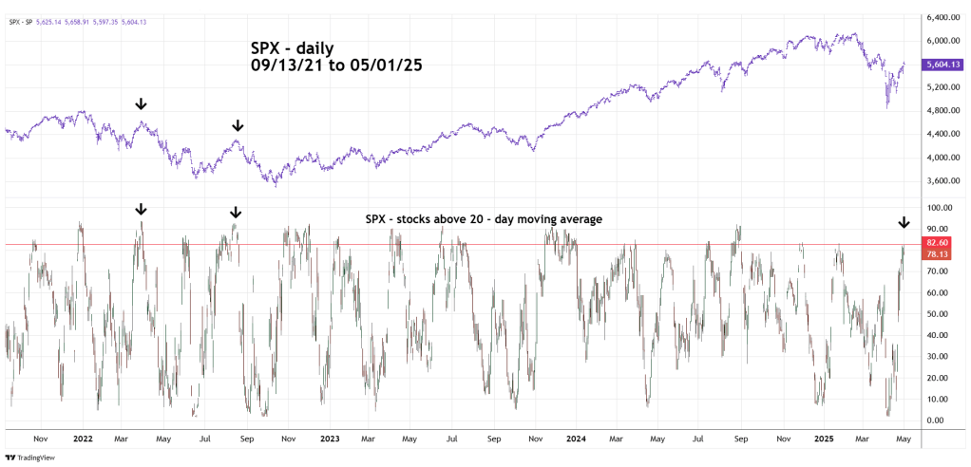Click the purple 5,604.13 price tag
pos(943,64)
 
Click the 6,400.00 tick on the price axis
pos(941,17)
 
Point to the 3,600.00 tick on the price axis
pos(941,180)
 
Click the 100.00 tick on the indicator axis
pos(939,208)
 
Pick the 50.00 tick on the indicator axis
pos(938,314)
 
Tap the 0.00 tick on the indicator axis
pos(936,420)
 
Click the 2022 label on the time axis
pos(82,439)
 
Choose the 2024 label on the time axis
pos(575,439)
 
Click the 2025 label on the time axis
pos(822,439)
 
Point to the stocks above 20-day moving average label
pos(485,219)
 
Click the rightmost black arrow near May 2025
pos(904,223)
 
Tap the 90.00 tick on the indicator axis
pos(938,229)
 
